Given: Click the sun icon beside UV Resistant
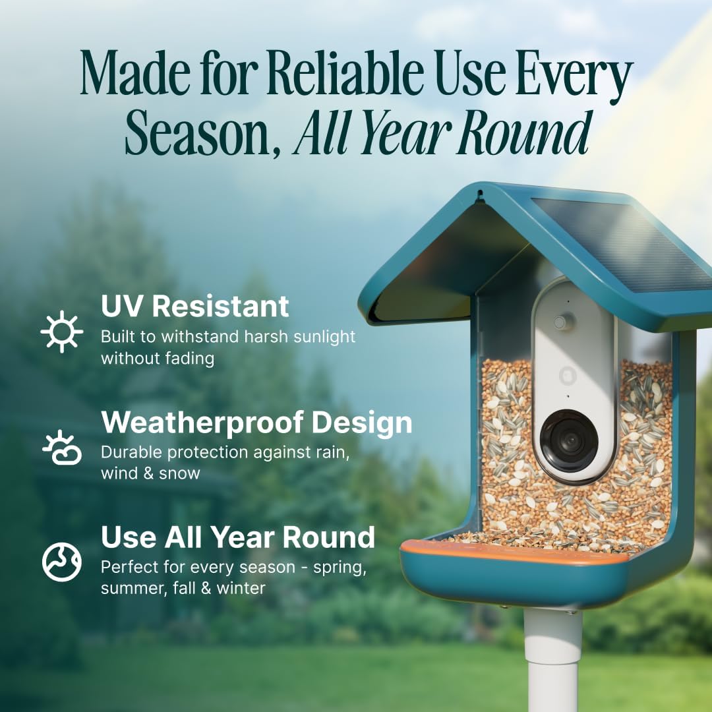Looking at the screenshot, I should [x=61, y=331].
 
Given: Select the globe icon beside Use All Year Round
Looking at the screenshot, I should [x=61, y=562].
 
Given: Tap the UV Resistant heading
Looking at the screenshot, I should [x=194, y=307].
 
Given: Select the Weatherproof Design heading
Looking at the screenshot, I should [x=256, y=423].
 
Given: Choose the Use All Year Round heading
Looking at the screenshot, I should [x=237, y=537].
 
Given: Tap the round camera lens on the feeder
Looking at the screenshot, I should [x=569, y=441].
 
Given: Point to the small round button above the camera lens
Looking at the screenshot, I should [x=561, y=322].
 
